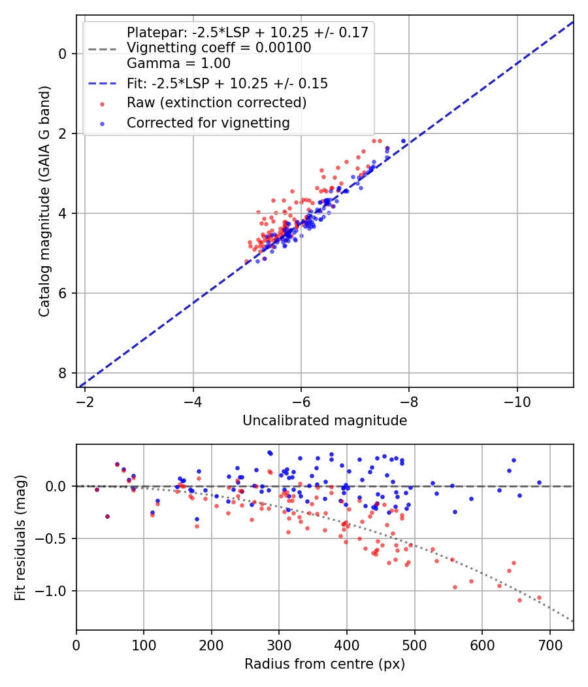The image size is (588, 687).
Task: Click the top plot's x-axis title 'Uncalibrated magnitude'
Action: pyautogui.click(x=325, y=421)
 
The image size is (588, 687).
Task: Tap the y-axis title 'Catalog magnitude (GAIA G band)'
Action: pyautogui.click(x=44, y=202)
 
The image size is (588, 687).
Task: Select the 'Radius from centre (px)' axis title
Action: pyautogui.click(x=325, y=664)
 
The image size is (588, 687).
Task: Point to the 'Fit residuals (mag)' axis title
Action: pyautogui.click(x=20, y=538)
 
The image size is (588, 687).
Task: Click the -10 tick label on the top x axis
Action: pyautogui.click(x=517, y=402)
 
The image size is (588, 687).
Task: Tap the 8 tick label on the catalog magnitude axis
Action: pyautogui.click(x=63, y=374)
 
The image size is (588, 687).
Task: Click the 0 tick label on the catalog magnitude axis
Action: pyautogui.click(x=63, y=54)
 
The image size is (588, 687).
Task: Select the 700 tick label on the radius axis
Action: pyautogui.click(x=549, y=645)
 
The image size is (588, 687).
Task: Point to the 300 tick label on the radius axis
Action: pyautogui.click(x=279, y=645)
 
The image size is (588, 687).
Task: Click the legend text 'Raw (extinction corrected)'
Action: pyautogui.click(x=216, y=103)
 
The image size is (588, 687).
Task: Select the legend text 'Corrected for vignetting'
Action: pyautogui.click(x=208, y=123)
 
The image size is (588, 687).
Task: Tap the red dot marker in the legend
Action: pyautogui.click(x=102, y=104)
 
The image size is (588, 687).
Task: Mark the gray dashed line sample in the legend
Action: pyautogui.click(x=102, y=49)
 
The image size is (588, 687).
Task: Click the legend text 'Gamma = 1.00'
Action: pyautogui.click(x=178, y=63)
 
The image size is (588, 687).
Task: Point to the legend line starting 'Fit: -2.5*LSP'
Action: pyautogui.click(x=227, y=83)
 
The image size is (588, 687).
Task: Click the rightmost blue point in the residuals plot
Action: pyautogui.click(x=539, y=482)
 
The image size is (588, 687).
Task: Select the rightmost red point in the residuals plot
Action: pyautogui.click(x=539, y=597)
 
